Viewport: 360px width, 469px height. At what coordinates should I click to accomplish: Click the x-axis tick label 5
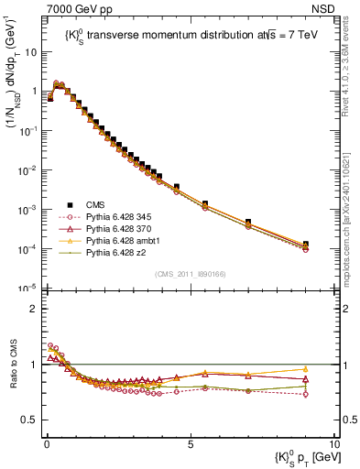[191, 444]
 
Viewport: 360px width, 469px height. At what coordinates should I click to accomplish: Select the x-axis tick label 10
[333, 444]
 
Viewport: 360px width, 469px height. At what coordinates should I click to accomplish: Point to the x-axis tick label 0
[46, 444]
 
